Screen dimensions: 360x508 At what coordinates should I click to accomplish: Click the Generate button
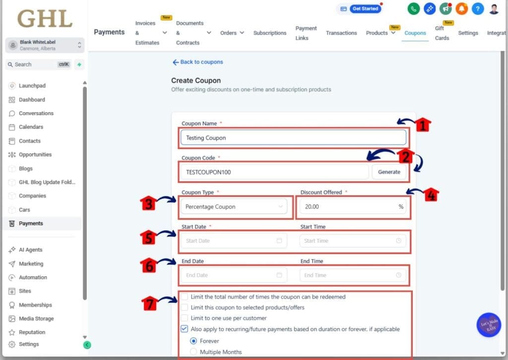(x=389, y=172)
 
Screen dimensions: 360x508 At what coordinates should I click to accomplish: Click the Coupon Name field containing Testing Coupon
(x=293, y=138)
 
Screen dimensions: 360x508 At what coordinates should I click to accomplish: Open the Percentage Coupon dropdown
(x=233, y=207)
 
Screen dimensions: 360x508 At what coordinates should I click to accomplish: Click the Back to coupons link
(x=197, y=62)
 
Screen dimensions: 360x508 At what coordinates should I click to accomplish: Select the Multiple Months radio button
(x=194, y=352)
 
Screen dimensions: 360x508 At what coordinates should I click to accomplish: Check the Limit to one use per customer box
(x=185, y=318)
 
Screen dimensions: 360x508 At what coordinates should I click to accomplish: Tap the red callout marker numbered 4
(x=431, y=195)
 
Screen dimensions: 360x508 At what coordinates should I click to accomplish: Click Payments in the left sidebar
(x=31, y=223)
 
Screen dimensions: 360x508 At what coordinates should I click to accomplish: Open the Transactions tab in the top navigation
(x=341, y=33)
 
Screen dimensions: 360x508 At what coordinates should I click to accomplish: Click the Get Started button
(x=365, y=9)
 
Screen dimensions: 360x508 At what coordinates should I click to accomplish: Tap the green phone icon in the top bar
(x=413, y=8)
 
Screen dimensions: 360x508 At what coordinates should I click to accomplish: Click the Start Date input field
(x=233, y=241)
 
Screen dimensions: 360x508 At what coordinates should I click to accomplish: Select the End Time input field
(x=352, y=275)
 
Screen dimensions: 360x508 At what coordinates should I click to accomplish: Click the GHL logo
(x=45, y=18)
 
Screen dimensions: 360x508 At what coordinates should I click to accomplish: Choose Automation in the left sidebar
(x=33, y=278)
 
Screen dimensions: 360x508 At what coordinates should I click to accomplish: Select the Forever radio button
(x=194, y=341)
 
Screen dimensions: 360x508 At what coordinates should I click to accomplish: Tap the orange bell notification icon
(x=461, y=8)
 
